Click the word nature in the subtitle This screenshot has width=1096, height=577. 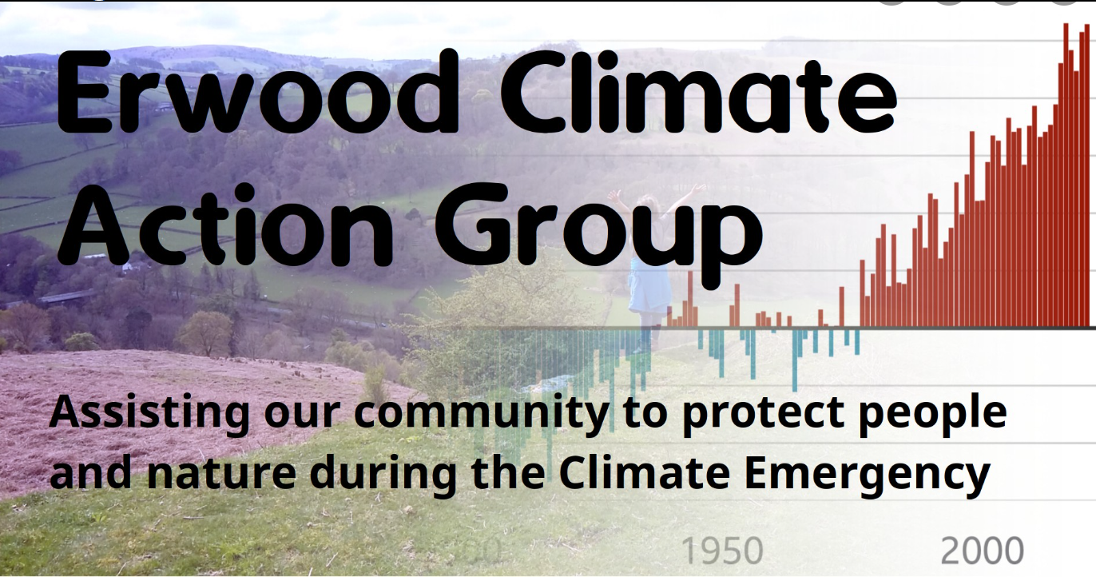pos(221,472)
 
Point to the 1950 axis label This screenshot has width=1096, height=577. pos(722,551)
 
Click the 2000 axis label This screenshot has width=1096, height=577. pos(982,551)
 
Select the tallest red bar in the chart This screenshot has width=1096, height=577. pos(1066,175)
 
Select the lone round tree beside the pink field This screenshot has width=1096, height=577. pos(205,332)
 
